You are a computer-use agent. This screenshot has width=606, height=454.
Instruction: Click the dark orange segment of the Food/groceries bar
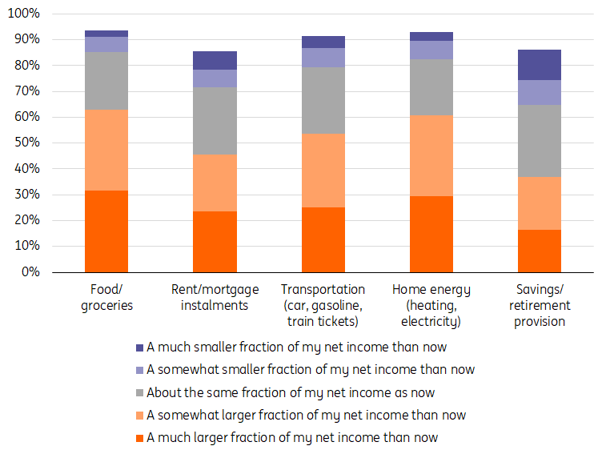click(106, 231)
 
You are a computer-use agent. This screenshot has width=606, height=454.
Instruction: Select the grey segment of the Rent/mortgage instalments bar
click(215, 121)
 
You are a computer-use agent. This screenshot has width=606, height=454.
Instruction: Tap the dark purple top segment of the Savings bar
click(540, 65)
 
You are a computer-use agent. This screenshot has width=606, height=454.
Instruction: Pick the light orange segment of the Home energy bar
click(431, 155)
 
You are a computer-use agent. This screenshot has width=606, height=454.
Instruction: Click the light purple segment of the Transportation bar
click(323, 58)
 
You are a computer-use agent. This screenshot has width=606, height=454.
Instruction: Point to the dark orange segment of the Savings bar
click(540, 251)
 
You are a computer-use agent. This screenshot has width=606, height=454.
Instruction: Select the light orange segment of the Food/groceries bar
click(106, 150)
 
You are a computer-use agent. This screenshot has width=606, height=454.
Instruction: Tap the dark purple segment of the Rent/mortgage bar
click(215, 60)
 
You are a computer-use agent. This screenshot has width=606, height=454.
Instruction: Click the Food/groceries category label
click(106, 297)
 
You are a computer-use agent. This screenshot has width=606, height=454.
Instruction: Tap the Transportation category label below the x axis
click(323, 305)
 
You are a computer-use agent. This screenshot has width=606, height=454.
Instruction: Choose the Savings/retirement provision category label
click(540, 305)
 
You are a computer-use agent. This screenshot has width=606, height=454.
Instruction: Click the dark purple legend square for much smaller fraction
click(140, 348)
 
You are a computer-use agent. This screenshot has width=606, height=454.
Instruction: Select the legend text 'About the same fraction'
click(291, 392)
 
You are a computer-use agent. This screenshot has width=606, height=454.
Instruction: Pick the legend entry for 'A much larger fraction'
click(292, 437)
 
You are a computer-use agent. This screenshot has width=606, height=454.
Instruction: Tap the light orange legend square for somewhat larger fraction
click(140, 416)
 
